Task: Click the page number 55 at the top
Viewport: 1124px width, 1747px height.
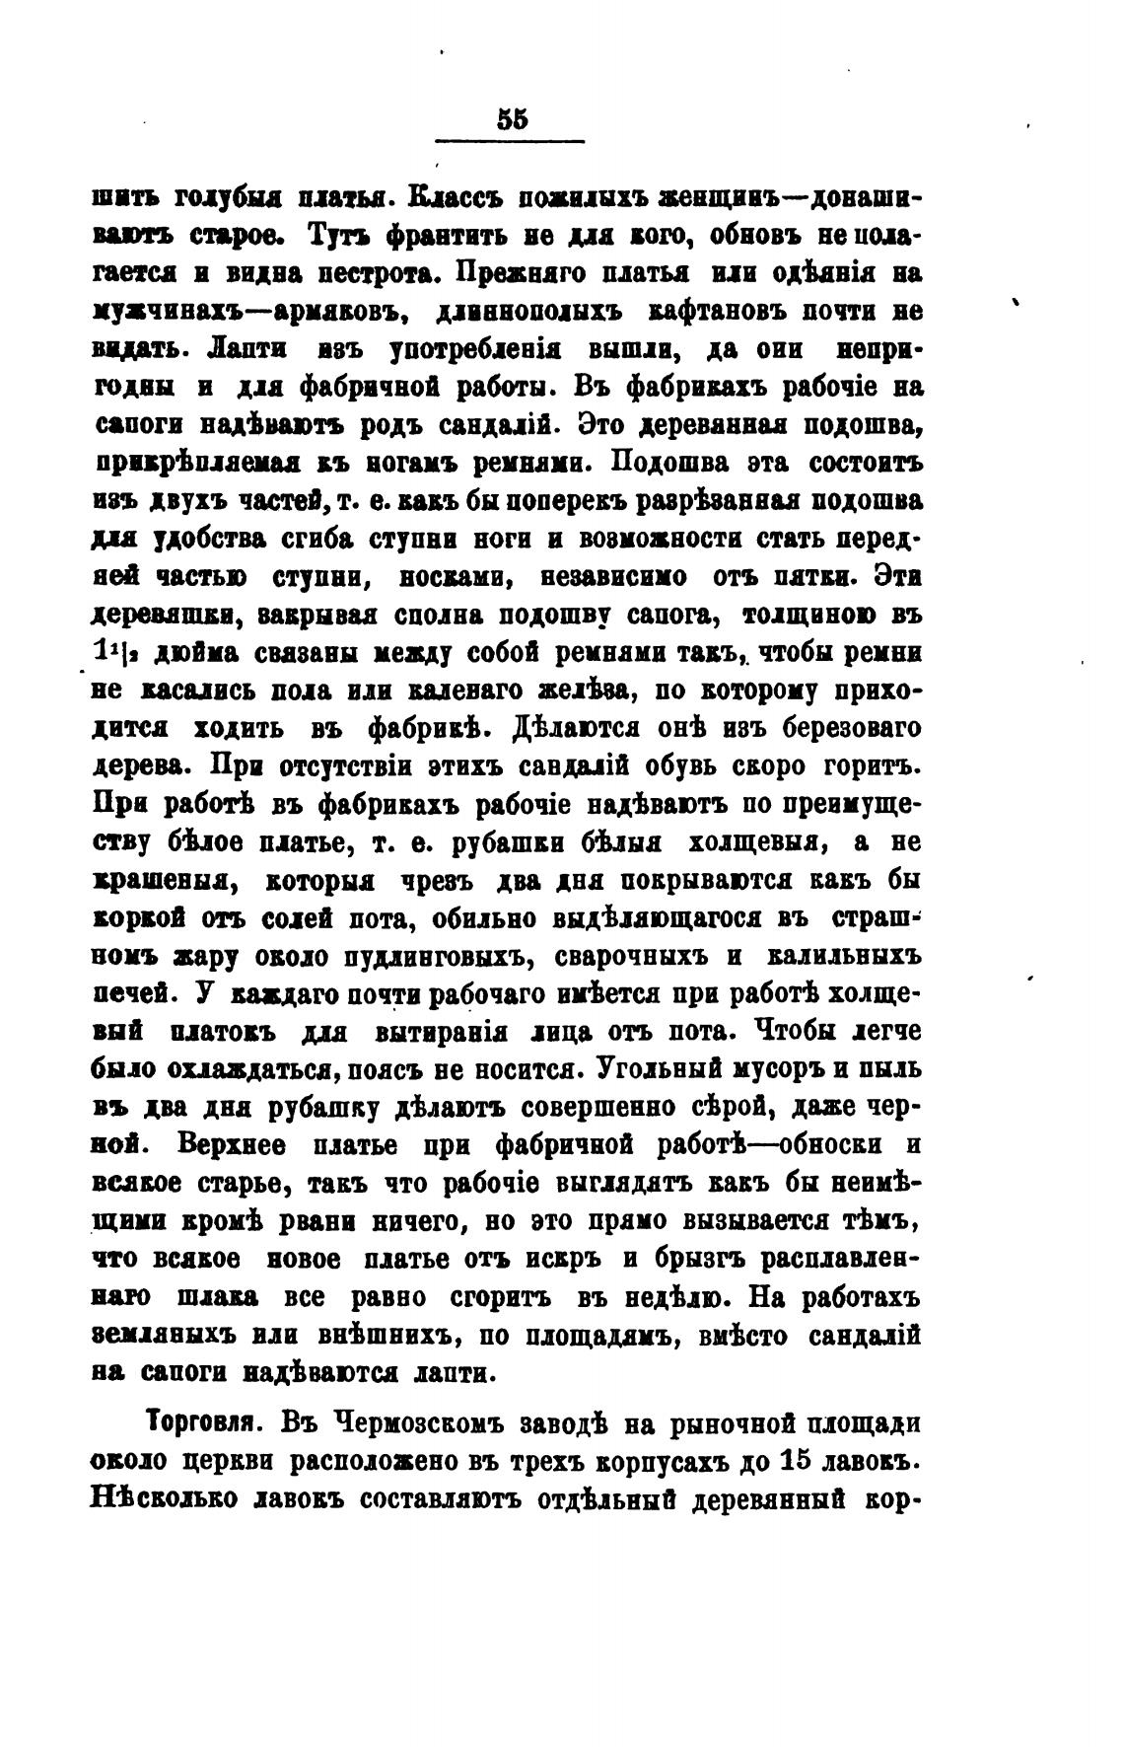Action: tap(513, 119)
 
